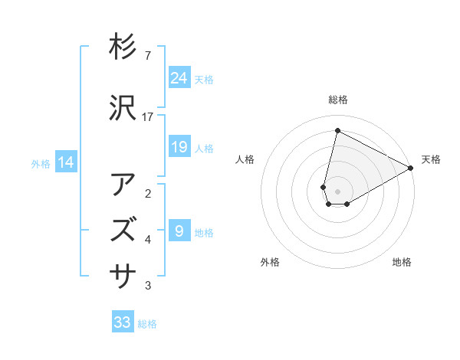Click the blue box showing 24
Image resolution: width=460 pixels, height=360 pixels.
click(x=179, y=78)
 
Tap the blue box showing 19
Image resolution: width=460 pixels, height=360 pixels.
click(x=179, y=147)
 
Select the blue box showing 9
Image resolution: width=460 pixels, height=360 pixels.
click(x=179, y=231)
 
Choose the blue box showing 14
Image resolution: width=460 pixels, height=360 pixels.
click(x=65, y=162)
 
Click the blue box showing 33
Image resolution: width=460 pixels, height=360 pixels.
click(x=123, y=322)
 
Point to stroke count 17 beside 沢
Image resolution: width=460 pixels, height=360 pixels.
click(x=149, y=116)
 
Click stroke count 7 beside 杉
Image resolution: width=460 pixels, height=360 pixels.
click(x=147, y=56)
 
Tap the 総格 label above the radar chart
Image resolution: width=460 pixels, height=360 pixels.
click(x=338, y=100)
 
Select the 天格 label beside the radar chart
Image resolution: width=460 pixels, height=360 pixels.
click(x=431, y=159)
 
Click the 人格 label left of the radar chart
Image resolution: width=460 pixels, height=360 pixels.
click(x=245, y=159)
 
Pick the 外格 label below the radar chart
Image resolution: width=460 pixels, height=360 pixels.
click(x=269, y=262)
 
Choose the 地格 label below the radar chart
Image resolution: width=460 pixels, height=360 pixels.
click(x=402, y=262)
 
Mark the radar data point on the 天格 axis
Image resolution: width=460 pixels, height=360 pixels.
click(x=411, y=169)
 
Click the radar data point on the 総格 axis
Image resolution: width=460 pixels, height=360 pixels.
click(x=337, y=130)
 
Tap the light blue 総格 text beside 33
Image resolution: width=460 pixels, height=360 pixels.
click(x=147, y=324)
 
